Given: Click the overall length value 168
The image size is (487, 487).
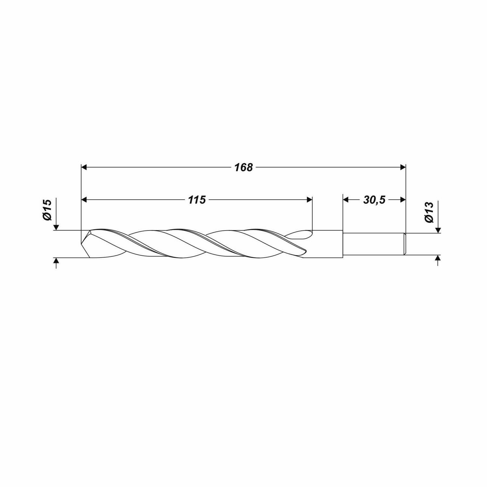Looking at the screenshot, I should [x=243, y=168].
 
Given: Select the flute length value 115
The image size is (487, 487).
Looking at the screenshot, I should [x=197, y=200].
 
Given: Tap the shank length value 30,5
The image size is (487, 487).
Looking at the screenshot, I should [x=374, y=200].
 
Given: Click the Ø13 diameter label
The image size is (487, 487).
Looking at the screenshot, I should [x=429, y=213].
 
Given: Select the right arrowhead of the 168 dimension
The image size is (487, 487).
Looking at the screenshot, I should [x=403, y=167].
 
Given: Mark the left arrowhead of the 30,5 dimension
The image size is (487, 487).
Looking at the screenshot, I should [x=346, y=199].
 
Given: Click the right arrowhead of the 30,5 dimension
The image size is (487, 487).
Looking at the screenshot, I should [x=403, y=199].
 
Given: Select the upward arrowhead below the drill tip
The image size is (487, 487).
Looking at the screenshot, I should [x=57, y=261].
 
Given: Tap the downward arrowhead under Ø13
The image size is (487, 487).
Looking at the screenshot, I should [x=438, y=230].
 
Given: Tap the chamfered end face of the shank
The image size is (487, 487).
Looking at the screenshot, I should [x=405, y=244].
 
